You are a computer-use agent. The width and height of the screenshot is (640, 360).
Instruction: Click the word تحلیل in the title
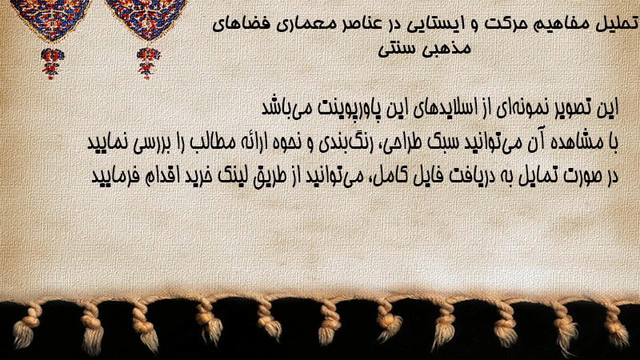click(x=618, y=24)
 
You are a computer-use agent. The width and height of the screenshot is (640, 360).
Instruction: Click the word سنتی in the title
click(x=396, y=49)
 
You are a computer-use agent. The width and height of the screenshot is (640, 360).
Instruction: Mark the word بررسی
click(x=145, y=142)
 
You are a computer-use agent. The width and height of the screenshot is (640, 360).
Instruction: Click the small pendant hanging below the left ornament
click(x=51, y=62)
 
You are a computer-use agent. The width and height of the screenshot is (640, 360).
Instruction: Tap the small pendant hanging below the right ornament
click(x=148, y=62)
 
